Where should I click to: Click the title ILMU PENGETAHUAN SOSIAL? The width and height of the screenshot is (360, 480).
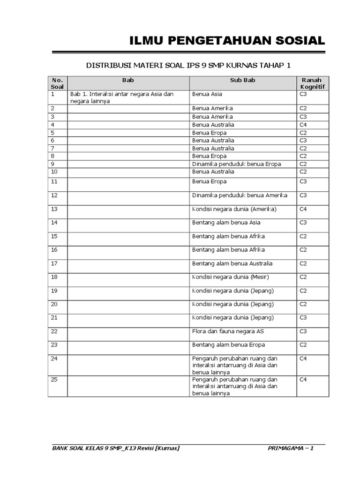227,41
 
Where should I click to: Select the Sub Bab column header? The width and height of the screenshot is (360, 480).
242,80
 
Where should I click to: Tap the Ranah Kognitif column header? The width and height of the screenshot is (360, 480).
312,83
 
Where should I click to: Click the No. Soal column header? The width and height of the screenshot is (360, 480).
57,83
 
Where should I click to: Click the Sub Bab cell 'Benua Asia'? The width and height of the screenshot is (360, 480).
207,94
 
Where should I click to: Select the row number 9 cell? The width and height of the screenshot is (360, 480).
53,164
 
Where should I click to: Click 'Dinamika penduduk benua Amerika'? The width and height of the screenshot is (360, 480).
240,195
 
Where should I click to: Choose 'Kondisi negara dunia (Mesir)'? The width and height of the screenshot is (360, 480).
231,277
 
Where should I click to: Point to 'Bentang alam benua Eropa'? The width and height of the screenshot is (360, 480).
228,345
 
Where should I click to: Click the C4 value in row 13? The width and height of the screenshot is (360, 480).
303,209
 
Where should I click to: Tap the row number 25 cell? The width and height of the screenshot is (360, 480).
54,380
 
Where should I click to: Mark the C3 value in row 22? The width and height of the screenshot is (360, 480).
303,331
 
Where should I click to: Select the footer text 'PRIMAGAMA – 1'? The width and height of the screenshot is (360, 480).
291,449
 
